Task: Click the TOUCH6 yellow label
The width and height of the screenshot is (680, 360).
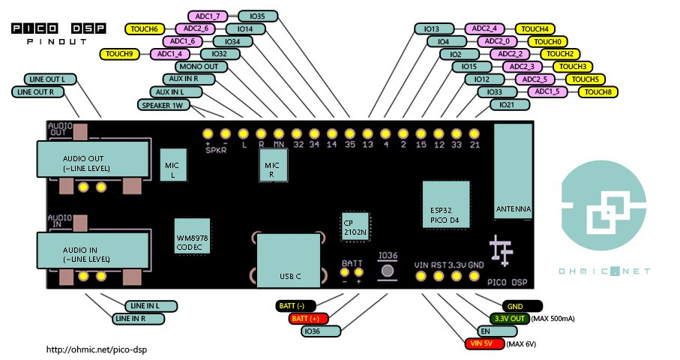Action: (x=144, y=28)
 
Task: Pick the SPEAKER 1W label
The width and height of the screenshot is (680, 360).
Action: (x=163, y=104)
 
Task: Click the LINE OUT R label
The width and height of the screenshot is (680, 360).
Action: (x=36, y=91)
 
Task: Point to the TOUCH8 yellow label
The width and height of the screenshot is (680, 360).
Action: (x=598, y=91)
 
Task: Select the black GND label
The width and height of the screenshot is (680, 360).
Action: (x=515, y=306)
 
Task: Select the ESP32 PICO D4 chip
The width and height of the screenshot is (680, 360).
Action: (x=446, y=203)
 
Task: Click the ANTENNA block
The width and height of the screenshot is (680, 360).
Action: (x=514, y=172)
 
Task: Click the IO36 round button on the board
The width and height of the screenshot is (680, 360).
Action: (x=388, y=271)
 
